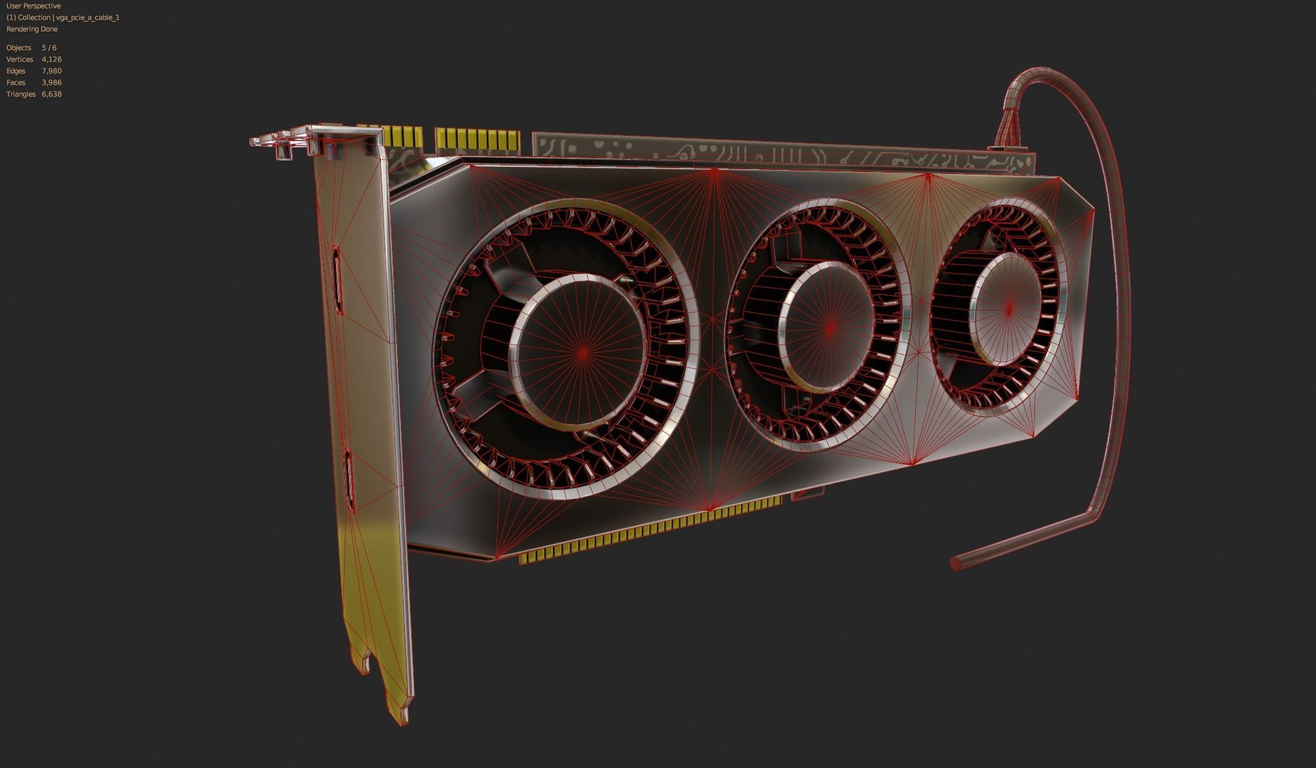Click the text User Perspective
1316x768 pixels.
tap(34, 6)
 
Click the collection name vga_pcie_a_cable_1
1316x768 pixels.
tap(88, 17)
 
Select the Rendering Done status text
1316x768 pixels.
tap(32, 29)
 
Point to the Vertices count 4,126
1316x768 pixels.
tap(52, 59)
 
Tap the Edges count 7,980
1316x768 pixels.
tap(52, 71)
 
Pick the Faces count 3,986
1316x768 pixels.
tap(52, 82)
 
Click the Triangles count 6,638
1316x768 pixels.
tap(52, 94)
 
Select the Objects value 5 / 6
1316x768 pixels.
tap(49, 48)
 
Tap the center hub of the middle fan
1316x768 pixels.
tap(830, 327)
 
